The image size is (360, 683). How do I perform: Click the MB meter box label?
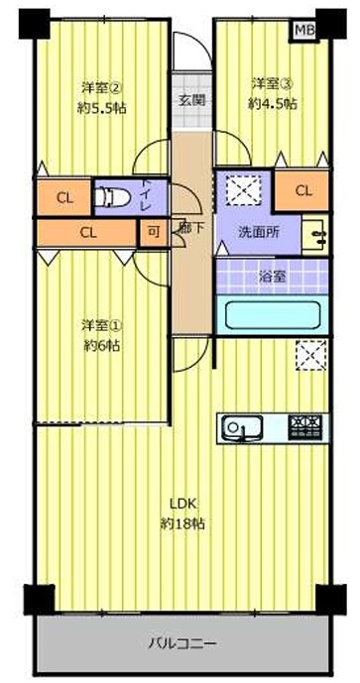coord(304,30)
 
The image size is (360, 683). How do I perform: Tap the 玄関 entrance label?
coord(190,100)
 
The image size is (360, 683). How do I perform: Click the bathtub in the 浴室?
coord(273,314)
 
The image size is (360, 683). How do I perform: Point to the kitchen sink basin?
coord(242,428)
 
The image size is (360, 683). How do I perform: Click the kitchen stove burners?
coord(305,428)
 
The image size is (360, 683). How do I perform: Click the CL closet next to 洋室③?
coord(301,190)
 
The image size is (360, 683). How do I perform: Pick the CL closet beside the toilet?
coord(64,197)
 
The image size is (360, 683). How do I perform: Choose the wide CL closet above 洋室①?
coord(87,232)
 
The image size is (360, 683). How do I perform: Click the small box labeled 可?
coord(153,233)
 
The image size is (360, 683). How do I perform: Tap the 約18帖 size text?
coord(181,522)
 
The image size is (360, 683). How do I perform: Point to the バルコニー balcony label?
coord(182,643)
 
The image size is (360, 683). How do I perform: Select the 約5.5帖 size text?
coord(101,107)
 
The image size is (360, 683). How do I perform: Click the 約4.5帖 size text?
coord(273,103)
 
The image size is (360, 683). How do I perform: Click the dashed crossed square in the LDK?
coord(311,356)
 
